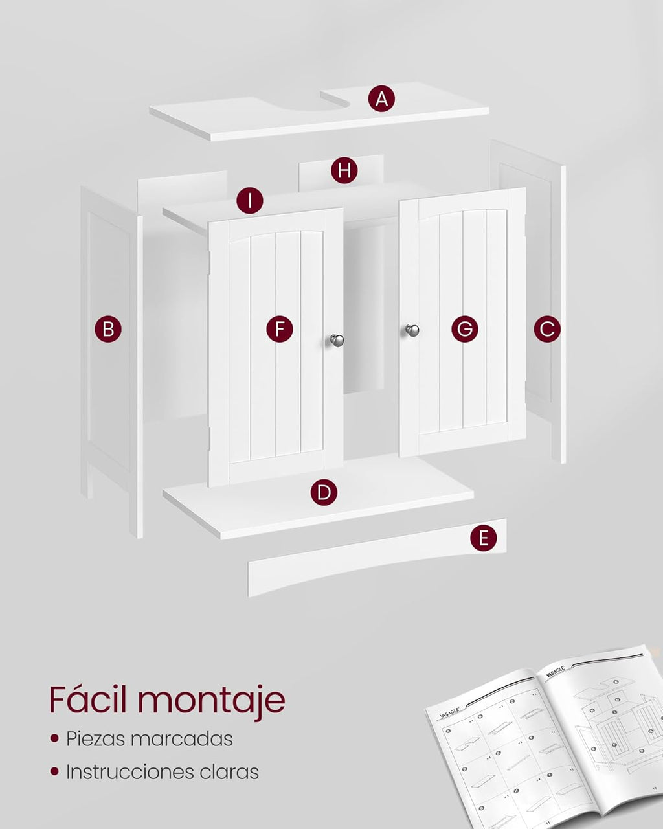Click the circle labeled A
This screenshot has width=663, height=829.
tap(381, 99)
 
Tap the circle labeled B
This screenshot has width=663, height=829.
tap(108, 329)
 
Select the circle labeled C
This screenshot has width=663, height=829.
tap(547, 329)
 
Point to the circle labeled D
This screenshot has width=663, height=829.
tap(324, 493)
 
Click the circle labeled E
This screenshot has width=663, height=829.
tap(484, 538)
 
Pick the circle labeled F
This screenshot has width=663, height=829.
tap(280, 329)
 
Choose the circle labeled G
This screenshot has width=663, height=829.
tap(465, 329)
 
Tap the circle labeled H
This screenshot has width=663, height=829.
tap(344, 171)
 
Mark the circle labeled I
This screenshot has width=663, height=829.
tap(250, 201)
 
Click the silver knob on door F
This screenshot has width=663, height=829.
tap(337, 340)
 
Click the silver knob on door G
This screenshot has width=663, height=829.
tap(412, 330)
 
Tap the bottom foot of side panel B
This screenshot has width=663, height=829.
tap(136, 518)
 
